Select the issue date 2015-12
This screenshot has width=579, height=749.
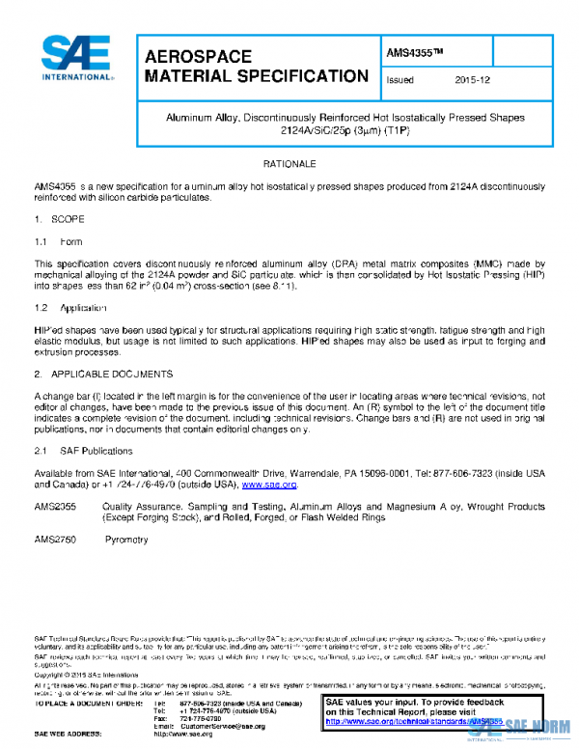click(472, 81)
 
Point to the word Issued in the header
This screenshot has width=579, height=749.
click(400, 81)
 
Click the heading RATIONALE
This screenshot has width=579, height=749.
click(289, 165)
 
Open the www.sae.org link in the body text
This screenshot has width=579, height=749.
click(268, 485)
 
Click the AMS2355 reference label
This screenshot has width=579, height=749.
click(56, 506)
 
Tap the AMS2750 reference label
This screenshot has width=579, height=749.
click(56, 541)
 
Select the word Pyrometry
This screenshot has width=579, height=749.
click(125, 541)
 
